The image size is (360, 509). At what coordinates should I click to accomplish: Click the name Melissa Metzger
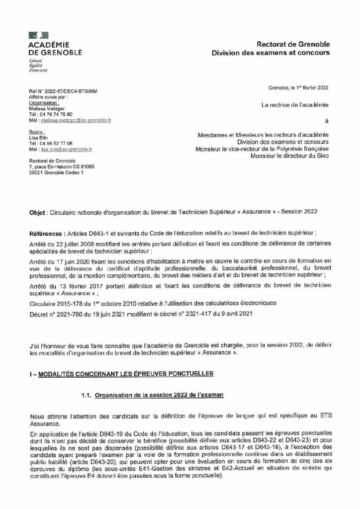coord(48,109)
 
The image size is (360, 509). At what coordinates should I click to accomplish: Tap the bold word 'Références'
coord(42,232)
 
